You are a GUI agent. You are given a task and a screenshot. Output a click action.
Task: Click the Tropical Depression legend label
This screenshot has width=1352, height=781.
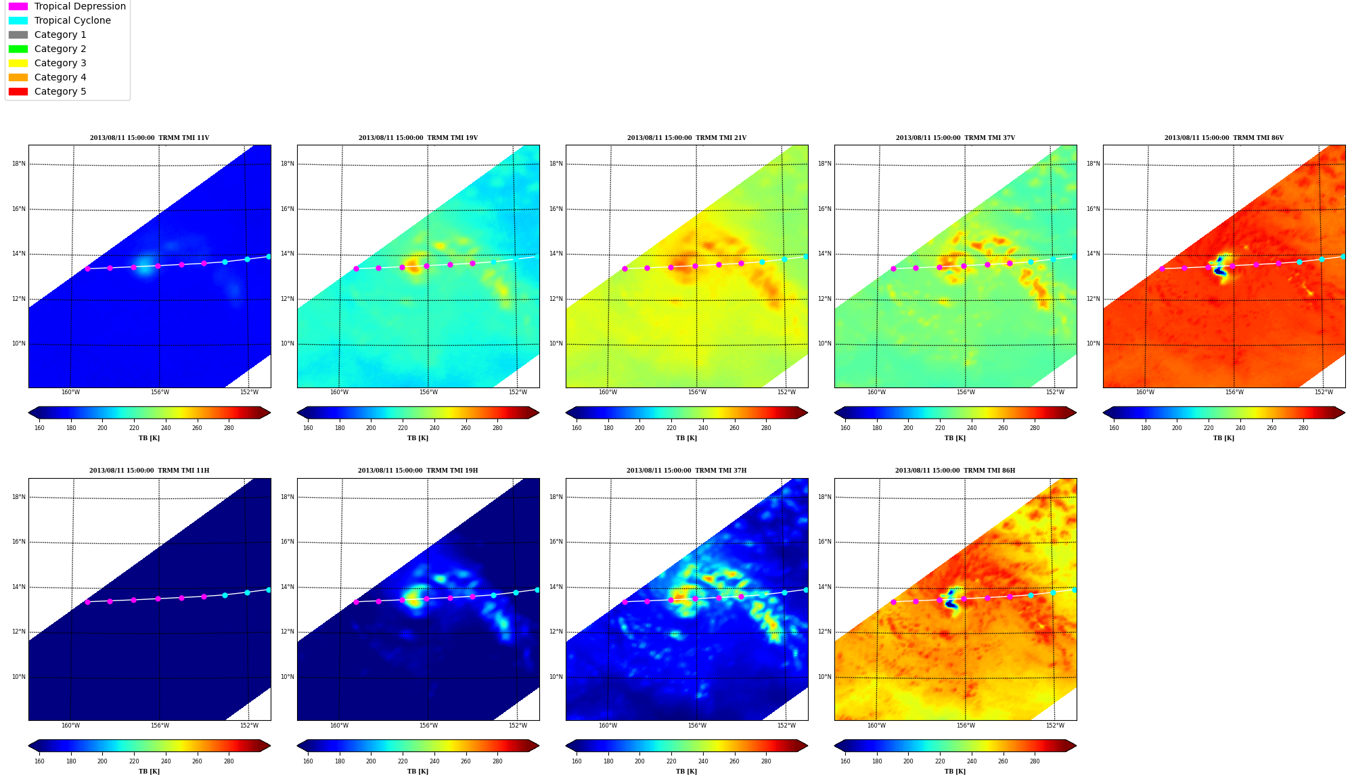click(x=80, y=6)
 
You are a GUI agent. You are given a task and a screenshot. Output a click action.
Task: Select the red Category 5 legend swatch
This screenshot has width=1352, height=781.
click(x=18, y=91)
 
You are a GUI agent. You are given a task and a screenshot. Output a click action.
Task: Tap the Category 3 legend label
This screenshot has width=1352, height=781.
click(x=60, y=63)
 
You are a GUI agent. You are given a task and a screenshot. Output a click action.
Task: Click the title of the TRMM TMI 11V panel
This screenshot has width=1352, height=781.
click(x=150, y=138)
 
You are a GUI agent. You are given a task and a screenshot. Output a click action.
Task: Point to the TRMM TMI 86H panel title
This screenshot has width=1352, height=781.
click(x=955, y=471)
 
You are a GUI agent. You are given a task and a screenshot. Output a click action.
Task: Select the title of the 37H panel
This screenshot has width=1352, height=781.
click(x=686, y=471)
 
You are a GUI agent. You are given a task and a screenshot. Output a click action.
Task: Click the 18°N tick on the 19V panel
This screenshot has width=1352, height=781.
click(x=288, y=164)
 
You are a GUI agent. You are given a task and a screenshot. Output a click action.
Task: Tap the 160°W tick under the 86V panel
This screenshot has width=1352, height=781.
click(x=1145, y=392)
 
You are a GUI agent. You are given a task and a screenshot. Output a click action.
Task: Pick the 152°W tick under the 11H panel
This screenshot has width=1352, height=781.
click(x=249, y=726)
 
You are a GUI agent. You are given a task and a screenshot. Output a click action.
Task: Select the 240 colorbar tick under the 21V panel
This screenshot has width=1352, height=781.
click(x=703, y=427)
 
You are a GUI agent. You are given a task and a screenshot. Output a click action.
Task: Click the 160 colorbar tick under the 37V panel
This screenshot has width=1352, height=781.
click(x=845, y=427)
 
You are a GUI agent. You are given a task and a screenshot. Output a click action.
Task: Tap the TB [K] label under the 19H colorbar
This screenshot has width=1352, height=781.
click(x=418, y=772)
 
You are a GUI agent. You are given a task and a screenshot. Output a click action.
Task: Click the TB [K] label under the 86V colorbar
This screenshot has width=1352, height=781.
click(x=1223, y=438)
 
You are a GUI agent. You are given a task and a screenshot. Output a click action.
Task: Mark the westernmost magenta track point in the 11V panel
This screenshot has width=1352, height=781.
click(x=87, y=268)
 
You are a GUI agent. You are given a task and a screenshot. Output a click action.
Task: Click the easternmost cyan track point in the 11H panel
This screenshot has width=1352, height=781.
click(x=268, y=590)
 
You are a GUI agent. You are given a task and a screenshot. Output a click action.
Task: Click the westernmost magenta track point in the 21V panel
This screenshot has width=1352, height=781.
click(x=625, y=268)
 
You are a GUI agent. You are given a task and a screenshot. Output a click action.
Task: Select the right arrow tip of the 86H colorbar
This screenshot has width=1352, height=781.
click(x=1076, y=746)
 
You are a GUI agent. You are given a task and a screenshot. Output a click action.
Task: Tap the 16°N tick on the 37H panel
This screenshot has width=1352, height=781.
click(x=556, y=542)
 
